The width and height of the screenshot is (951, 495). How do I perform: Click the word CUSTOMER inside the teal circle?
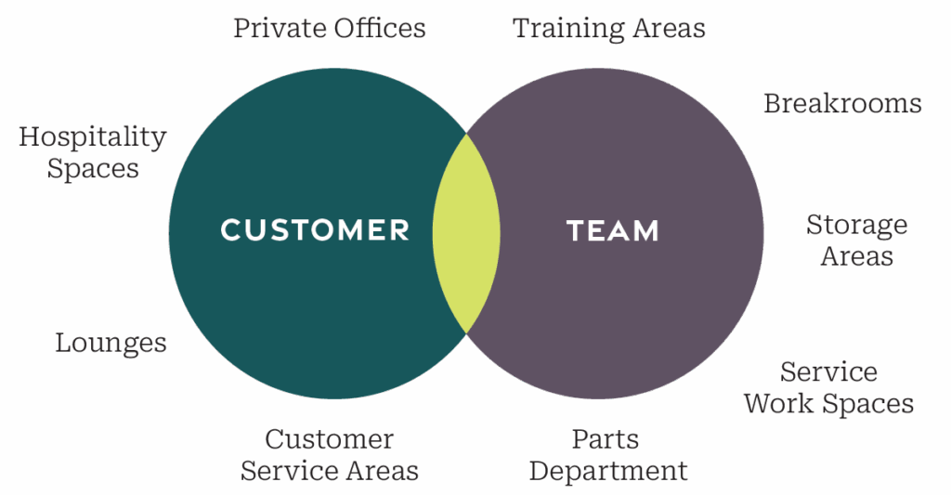point(315,229)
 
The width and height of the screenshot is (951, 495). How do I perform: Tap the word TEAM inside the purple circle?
point(612,230)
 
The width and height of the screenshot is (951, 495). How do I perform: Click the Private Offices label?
point(330,28)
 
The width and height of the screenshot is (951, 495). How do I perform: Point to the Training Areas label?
point(609,28)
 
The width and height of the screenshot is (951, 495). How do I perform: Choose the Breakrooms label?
point(842,103)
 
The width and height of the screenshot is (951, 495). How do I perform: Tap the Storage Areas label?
point(856,240)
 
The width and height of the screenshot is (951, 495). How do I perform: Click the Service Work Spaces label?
point(829,388)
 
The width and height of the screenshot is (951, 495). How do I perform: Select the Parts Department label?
point(608,454)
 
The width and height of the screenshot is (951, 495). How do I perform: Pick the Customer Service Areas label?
point(330,454)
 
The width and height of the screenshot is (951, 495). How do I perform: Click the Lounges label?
point(111,343)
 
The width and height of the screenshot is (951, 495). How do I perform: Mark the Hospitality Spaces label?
point(93,153)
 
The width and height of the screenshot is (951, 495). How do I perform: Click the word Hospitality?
point(93,137)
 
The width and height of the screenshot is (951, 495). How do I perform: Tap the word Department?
point(608,471)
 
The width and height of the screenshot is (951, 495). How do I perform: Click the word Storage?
point(856,225)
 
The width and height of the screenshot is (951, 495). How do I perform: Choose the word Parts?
point(605,438)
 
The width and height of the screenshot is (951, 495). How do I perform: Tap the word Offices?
point(381,28)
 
